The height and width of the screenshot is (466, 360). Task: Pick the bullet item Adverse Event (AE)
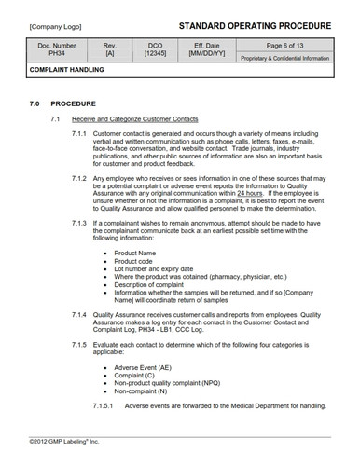(x=144, y=367)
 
